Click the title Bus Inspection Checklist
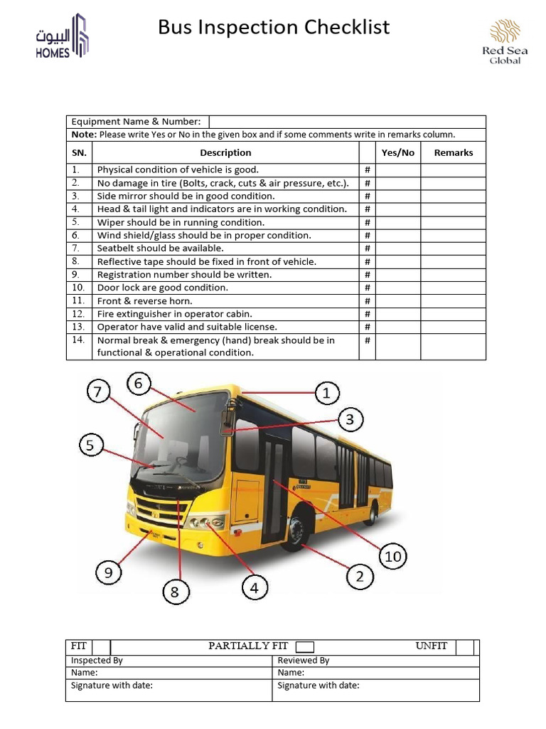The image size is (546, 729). pyautogui.click(x=274, y=28)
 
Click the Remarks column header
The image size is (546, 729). pyautogui.click(x=453, y=152)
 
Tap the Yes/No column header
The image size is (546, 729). pyautogui.click(x=397, y=152)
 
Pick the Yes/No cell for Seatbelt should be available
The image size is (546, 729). pyautogui.click(x=397, y=248)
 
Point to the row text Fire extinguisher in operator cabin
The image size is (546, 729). pyautogui.click(x=175, y=314)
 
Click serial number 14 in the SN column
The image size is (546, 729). pyautogui.click(x=78, y=340)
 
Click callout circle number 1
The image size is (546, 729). pyautogui.click(x=326, y=392)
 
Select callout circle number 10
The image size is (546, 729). pyautogui.click(x=393, y=556)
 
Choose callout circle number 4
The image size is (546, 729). pyautogui.click(x=255, y=588)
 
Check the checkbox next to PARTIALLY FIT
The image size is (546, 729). pyautogui.click(x=304, y=646)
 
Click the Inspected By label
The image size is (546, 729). pyautogui.click(x=97, y=660)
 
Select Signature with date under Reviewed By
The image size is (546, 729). pyautogui.click(x=318, y=686)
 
